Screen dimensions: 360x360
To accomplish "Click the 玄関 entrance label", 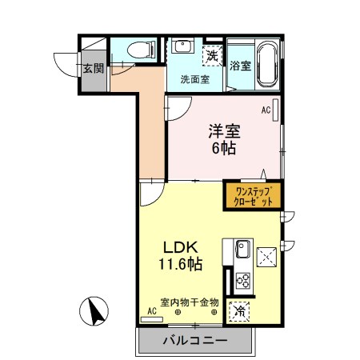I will tap(93, 68).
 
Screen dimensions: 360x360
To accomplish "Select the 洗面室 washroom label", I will tap(194, 79).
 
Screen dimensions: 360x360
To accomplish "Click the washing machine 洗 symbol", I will tap(212, 56).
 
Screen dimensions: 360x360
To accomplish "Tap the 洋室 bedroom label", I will tap(225, 130).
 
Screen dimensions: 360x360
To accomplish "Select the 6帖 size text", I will tap(224, 149).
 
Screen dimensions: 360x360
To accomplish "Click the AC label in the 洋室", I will tap(266, 110).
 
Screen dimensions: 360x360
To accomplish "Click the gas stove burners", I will tap(242, 281).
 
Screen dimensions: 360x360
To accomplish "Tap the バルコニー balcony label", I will tap(195, 341).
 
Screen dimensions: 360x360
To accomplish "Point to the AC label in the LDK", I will tap(150, 310).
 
